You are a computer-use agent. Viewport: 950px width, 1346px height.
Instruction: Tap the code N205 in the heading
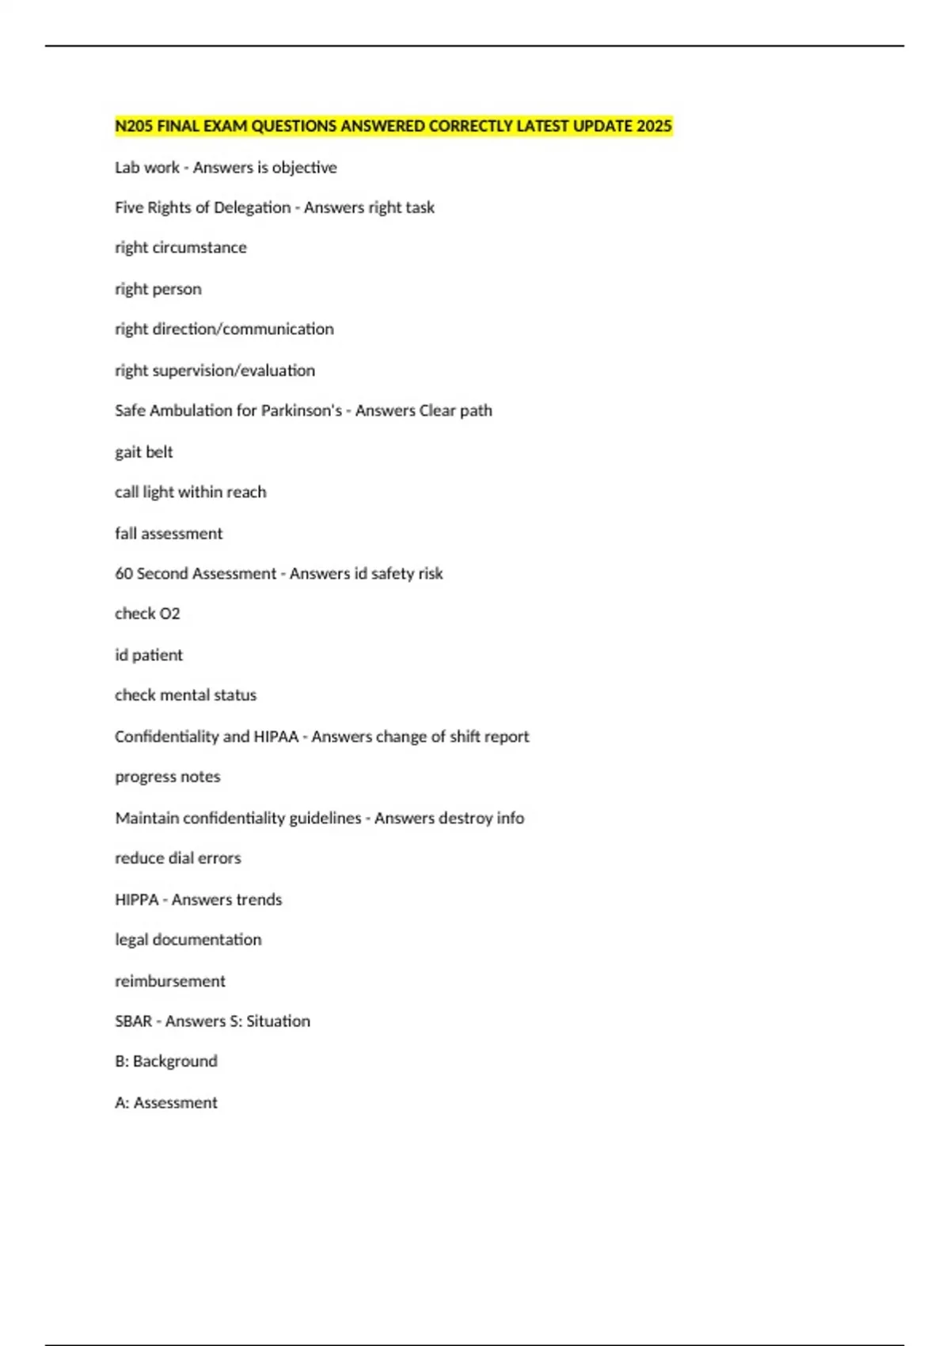(x=134, y=126)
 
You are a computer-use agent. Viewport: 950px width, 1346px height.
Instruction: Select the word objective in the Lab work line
(x=304, y=168)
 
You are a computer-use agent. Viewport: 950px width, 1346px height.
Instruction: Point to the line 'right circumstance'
(x=180, y=248)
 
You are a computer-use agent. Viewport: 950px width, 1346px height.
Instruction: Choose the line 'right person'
(x=158, y=289)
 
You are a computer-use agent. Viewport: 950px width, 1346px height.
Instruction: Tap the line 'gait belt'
(x=143, y=452)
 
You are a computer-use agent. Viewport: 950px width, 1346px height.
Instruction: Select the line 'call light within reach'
(x=190, y=492)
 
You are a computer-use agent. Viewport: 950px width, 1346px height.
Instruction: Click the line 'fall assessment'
(x=169, y=534)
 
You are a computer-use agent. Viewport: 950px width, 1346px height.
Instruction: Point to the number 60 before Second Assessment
(x=123, y=573)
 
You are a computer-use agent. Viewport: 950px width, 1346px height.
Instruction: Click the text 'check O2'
(x=147, y=614)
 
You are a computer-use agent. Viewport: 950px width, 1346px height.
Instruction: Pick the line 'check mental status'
(x=185, y=695)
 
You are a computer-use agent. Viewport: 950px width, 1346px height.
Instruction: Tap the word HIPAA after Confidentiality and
(x=275, y=736)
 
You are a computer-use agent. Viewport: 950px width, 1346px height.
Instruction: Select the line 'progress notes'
(x=167, y=777)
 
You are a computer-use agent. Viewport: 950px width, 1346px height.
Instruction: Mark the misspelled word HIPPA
(x=136, y=899)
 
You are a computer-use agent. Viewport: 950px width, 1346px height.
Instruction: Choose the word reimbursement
(x=169, y=981)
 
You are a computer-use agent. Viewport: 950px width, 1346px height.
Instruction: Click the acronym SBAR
(x=133, y=1021)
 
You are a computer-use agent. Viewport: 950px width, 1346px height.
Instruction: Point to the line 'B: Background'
(x=165, y=1061)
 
